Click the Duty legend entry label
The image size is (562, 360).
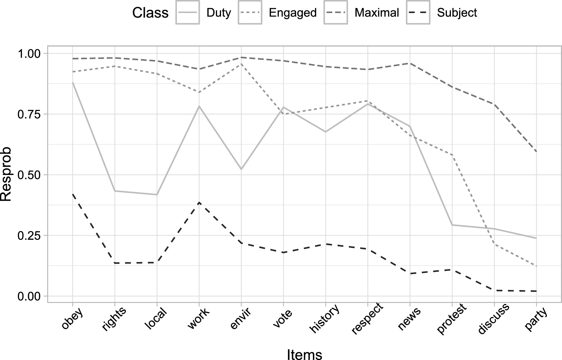pyautogui.click(x=218, y=13)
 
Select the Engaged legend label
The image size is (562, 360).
pyautogui.click(x=292, y=13)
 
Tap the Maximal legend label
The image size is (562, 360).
pyautogui.click(x=377, y=13)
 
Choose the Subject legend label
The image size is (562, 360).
pyautogui.click(x=457, y=13)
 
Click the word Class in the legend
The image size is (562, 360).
pyautogui.click(x=150, y=13)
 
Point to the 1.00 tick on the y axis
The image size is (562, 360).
pyautogui.click(x=29, y=54)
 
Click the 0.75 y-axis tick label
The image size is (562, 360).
pyautogui.click(x=29, y=114)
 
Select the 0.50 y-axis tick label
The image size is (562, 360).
pyautogui.click(x=29, y=175)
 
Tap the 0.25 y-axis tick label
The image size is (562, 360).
pyautogui.click(x=29, y=236)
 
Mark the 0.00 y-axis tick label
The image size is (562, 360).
pyautogui.click(x=29, y=296)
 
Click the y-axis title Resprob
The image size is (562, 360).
pyautogui.click(x=6, y=174)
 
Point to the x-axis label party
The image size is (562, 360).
pyautogui.click(x=536, y=318)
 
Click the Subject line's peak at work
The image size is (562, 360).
pyautogui.click(x=199, y=202)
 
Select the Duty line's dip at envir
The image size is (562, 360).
pyautogui.click(x=241, y=169)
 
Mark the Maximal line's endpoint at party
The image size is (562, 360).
pyautogui.click(x=536, y=151)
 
